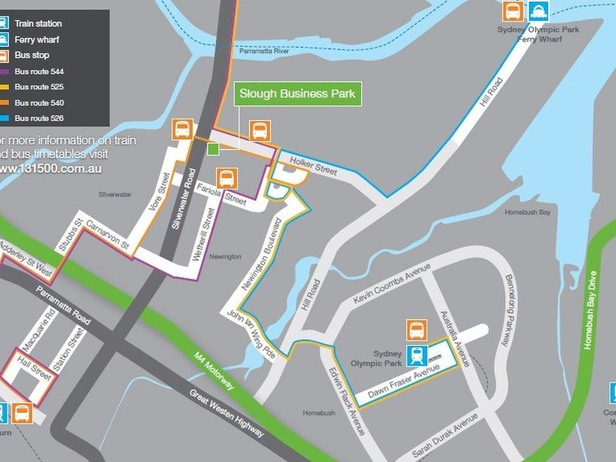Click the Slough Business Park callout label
point(297,94)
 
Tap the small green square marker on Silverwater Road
point(213,149)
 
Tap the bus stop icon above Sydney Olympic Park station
point(417,330)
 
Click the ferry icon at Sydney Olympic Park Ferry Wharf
point(537,12)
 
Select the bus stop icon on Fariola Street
point(226,179)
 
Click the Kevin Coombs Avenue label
point(391,286)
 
